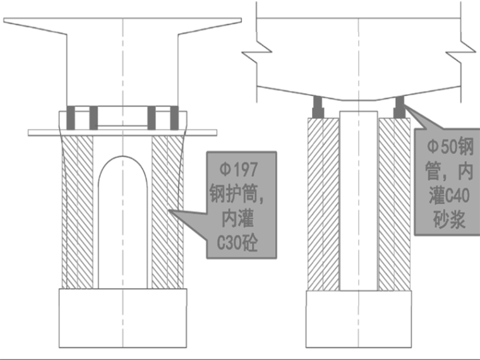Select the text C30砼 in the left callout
coord(241,242)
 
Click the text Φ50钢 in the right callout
coord(449,147)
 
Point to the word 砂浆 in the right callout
coord(449,219)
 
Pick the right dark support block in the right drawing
coord(399,107)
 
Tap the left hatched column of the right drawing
coord(323,202)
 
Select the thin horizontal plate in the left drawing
coord(44,132)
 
